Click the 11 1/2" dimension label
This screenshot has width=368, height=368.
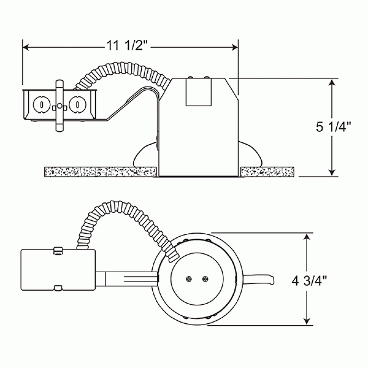tap(127, 47)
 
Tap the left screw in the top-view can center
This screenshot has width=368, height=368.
tap(189, 279)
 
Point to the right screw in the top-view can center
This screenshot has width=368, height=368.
tap(205, 279)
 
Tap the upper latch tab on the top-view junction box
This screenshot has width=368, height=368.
tap(57, 250)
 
